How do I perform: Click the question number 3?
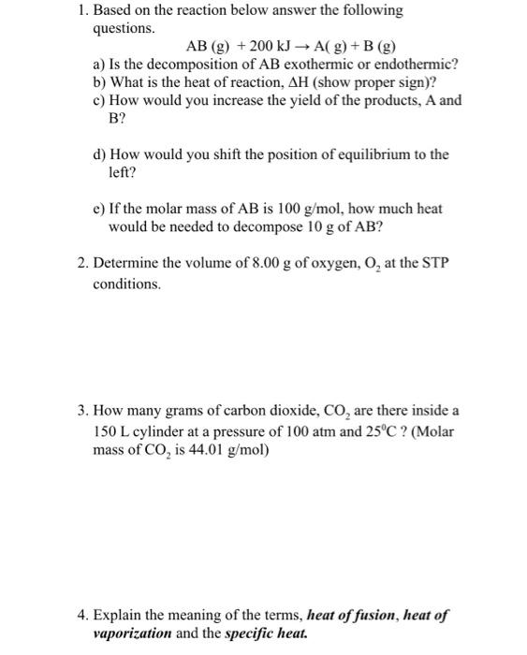coord(83,411)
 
